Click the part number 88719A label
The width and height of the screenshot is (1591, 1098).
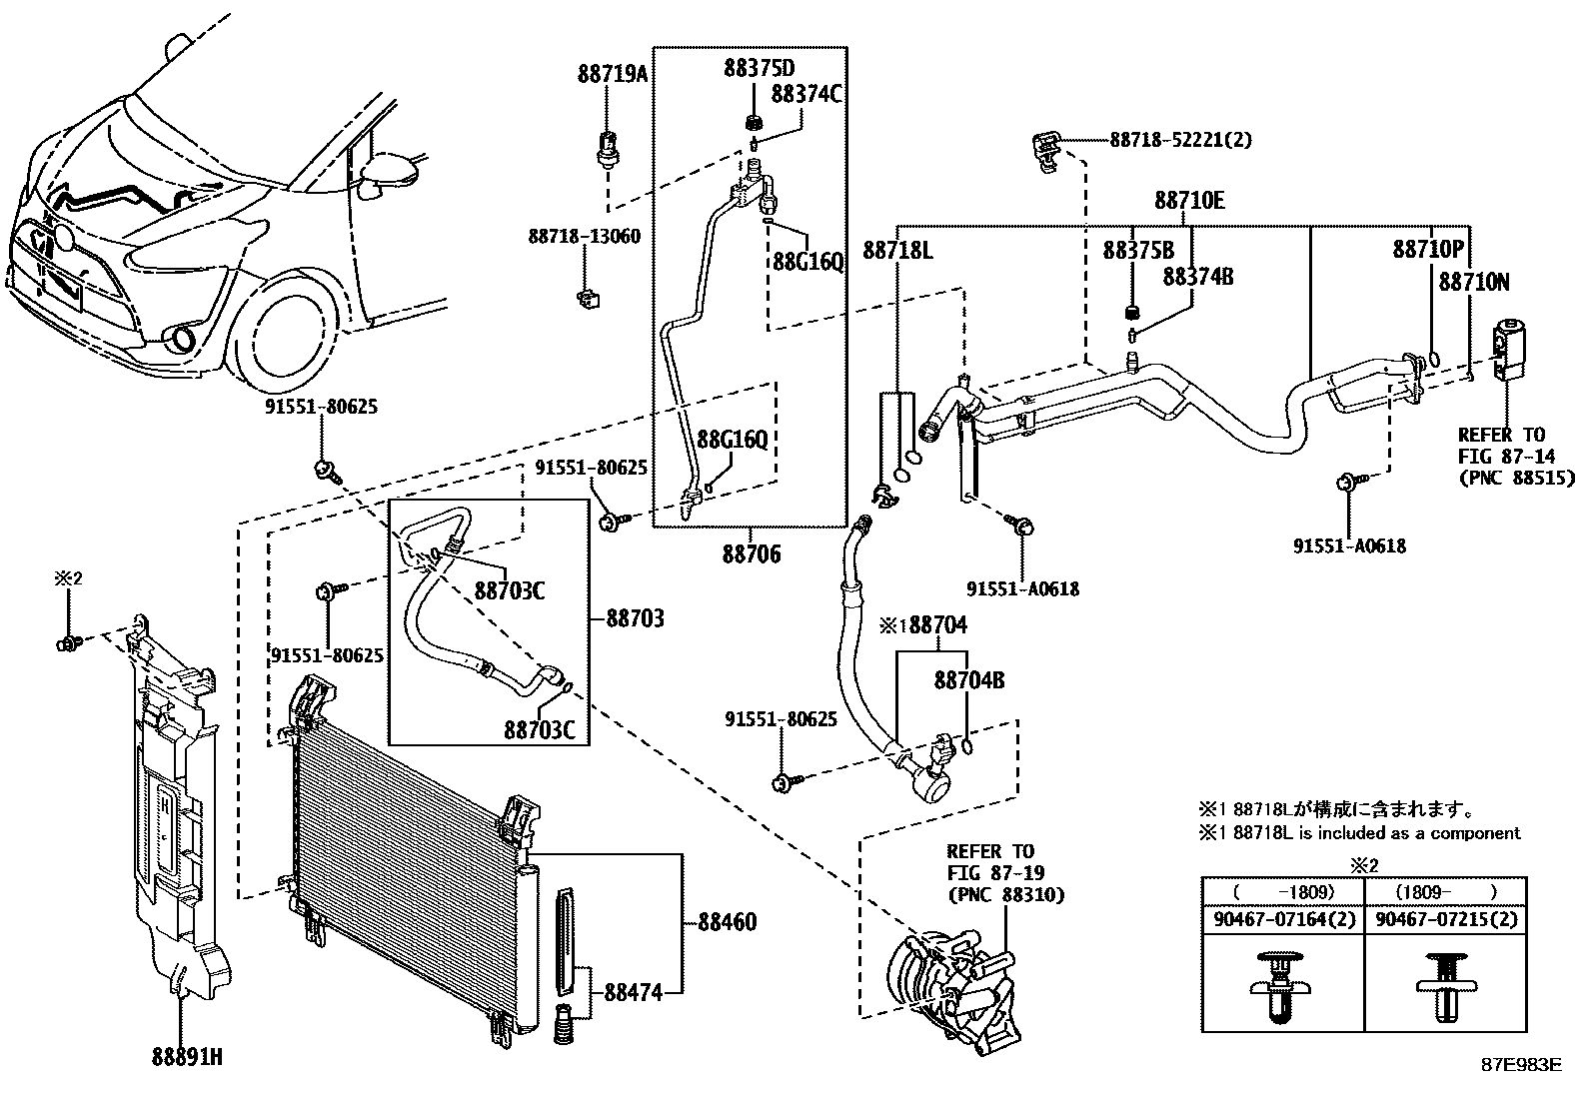pos(613,74)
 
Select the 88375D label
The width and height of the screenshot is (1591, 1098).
pos(760,68)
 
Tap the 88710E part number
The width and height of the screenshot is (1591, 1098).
pos(1189,201)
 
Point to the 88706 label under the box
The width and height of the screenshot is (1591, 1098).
pos(752,553)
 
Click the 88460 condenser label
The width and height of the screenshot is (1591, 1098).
pos(728,922)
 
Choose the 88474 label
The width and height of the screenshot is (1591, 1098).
pos(634,992)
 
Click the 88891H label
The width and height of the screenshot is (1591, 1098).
pos(187,1057)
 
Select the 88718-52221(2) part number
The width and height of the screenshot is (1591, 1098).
pos(1181,140)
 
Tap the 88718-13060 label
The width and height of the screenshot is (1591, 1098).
pos(584,236)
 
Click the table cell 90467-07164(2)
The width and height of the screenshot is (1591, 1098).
pos(1284,920)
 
